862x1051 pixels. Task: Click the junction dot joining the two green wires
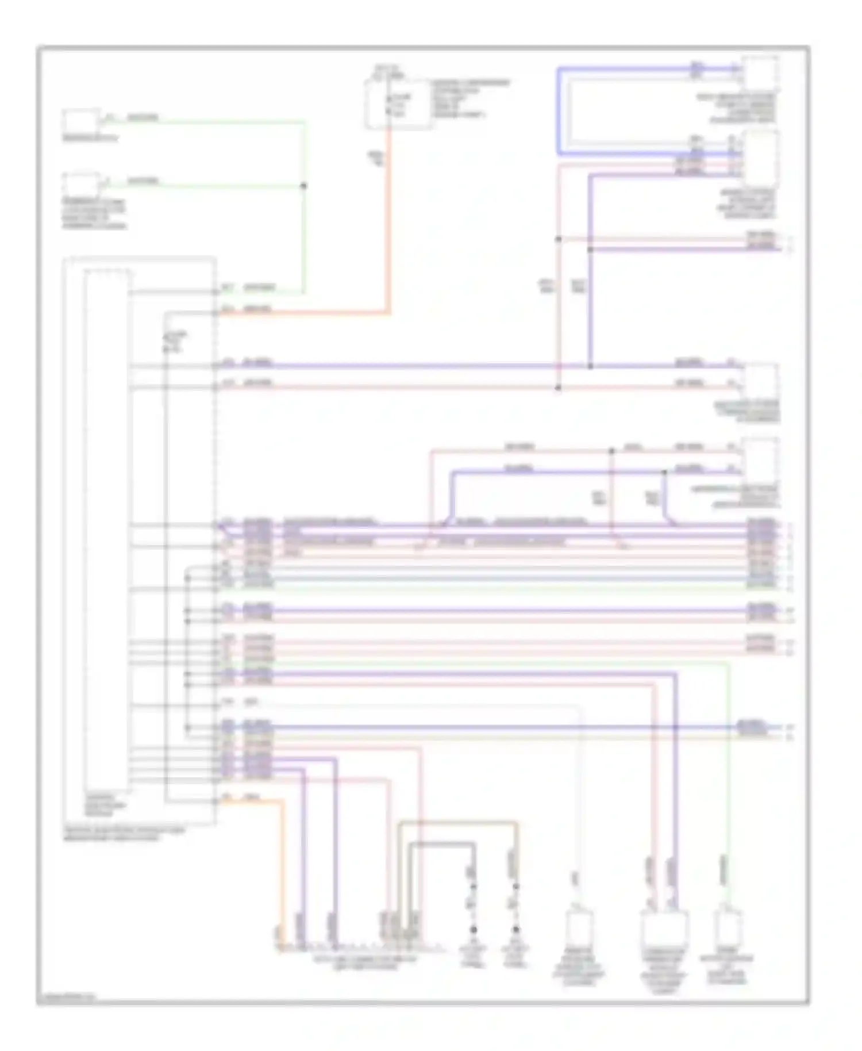point(304,186)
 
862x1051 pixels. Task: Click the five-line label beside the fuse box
point(470,99)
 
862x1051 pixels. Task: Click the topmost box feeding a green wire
point(80,121)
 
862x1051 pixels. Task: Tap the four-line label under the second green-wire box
point(94,214)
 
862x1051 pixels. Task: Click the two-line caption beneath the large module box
point(124,834)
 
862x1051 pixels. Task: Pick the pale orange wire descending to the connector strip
point(282,874)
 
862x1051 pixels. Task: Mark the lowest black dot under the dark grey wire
point(474,930)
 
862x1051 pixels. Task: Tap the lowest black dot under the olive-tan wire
point(515,930)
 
